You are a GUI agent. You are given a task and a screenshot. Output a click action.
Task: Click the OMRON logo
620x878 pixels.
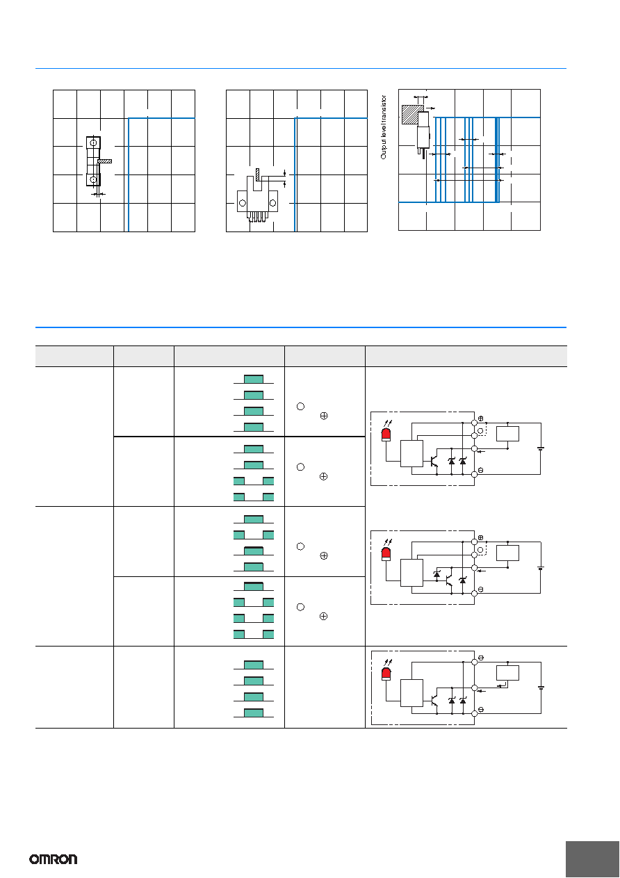(54, 859)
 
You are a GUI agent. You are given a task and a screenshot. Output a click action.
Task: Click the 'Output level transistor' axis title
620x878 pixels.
(383, 127)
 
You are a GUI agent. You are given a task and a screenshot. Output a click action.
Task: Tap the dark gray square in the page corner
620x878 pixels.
(592, 859)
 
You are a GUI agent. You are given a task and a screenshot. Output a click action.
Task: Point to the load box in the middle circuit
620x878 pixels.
(507, 553)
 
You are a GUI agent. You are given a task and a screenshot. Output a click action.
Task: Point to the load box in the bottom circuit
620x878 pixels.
(507, 673)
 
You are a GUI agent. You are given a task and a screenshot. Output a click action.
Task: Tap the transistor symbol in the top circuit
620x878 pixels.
(434, 462)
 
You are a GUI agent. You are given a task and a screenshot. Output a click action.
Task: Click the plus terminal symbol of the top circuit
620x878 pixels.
(481, 418)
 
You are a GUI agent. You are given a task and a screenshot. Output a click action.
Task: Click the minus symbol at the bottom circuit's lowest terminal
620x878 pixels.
(481, 709)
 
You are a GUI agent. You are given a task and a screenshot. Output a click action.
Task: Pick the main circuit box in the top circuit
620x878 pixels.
(411, 453)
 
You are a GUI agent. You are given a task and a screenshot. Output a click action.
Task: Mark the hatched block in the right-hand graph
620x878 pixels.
(413, 115)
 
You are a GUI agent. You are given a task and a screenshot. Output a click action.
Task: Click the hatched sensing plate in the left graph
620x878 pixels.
(105, 161)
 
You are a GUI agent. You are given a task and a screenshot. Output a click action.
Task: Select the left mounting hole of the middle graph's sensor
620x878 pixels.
(243, 203)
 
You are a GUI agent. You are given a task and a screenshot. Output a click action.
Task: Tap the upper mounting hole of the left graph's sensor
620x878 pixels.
(93, 143)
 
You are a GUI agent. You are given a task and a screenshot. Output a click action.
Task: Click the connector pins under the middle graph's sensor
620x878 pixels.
(257, 217)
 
